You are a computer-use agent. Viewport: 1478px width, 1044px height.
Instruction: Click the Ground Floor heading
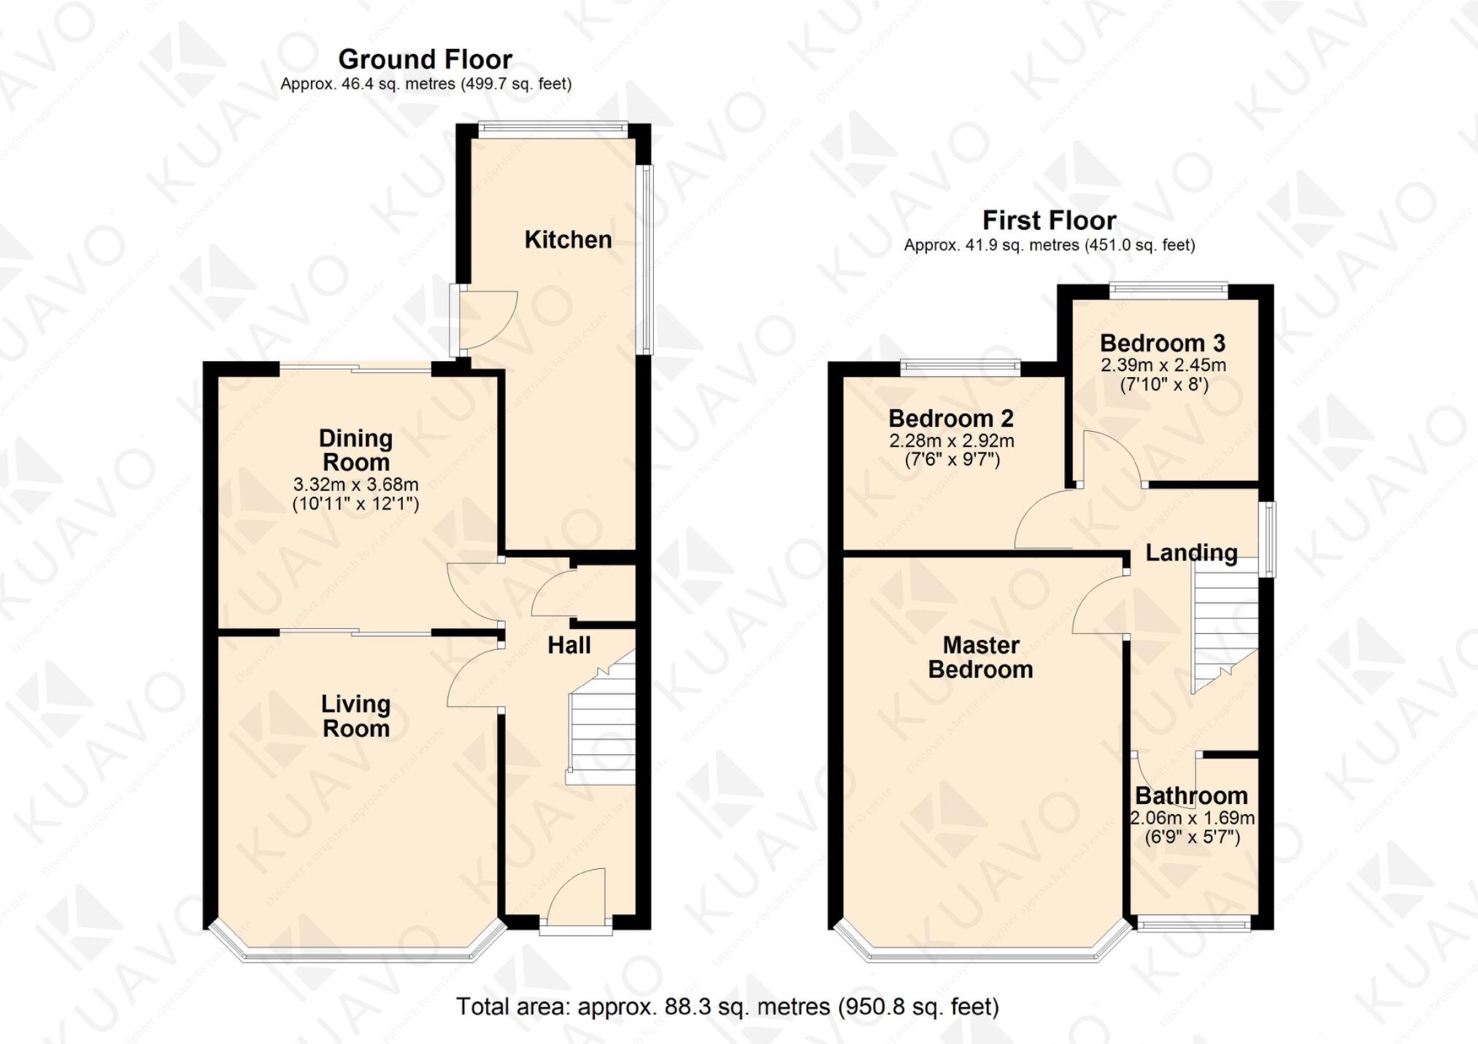pyautogui.click(x=425, y=59)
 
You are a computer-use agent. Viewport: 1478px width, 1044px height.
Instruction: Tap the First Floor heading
pyautogui.click(x=1049, y=220)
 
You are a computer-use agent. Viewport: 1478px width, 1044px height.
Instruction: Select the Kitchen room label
pyautogui.click(x=568, y=239)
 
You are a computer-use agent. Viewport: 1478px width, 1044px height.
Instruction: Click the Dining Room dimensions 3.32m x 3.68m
pyautogui.click(x=355, y=484)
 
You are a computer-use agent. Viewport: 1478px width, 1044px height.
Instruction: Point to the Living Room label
pyautogui.click(x=356, y=716)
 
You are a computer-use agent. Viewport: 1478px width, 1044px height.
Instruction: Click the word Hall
pyautogui.click(x=569, y=645)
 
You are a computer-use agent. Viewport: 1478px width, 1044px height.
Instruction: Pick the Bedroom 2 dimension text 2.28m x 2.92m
pyautogui.click(x=951, y=441)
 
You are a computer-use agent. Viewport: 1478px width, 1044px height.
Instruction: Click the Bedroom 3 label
pyautogui.click(x=1162, y=343)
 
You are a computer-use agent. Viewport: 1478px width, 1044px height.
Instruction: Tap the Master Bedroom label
pyautogui.click(x=980, y=657)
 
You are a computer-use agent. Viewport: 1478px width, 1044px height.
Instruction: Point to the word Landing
pyautogui.click(x=1191, y=553)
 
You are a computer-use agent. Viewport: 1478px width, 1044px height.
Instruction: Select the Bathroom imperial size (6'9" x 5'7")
pyautogui.click(x=1192, y=837)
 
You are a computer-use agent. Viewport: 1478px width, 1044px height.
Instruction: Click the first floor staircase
pyautogui.click(x=1225, y=627)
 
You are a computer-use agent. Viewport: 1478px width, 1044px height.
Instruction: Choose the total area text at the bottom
pyautogui.click(x=727, y=1007)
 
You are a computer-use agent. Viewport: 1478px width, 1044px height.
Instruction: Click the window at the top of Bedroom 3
pyautogui.click(x=1169, y=290)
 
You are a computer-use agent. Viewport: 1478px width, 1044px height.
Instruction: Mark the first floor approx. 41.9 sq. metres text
pyautogui.click(x=1049, y=246)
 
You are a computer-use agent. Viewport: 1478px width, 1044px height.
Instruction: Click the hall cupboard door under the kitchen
pyautogui.click(x=555, y=595)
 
